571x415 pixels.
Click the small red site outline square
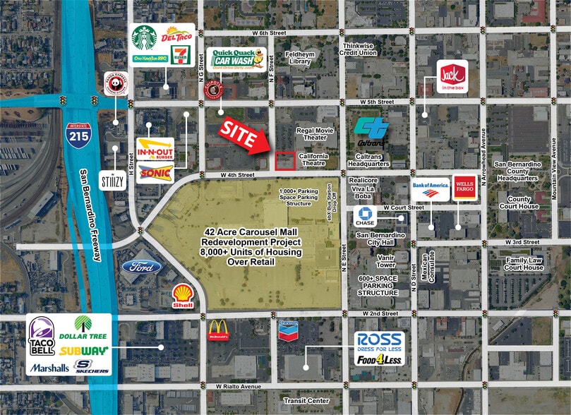[285, 161]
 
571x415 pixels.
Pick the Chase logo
[365, 217]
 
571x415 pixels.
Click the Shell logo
[184, 294]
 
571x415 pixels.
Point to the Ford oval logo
[142, 267]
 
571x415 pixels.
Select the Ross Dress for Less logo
[379, 342]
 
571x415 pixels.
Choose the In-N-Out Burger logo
[155, 150]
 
